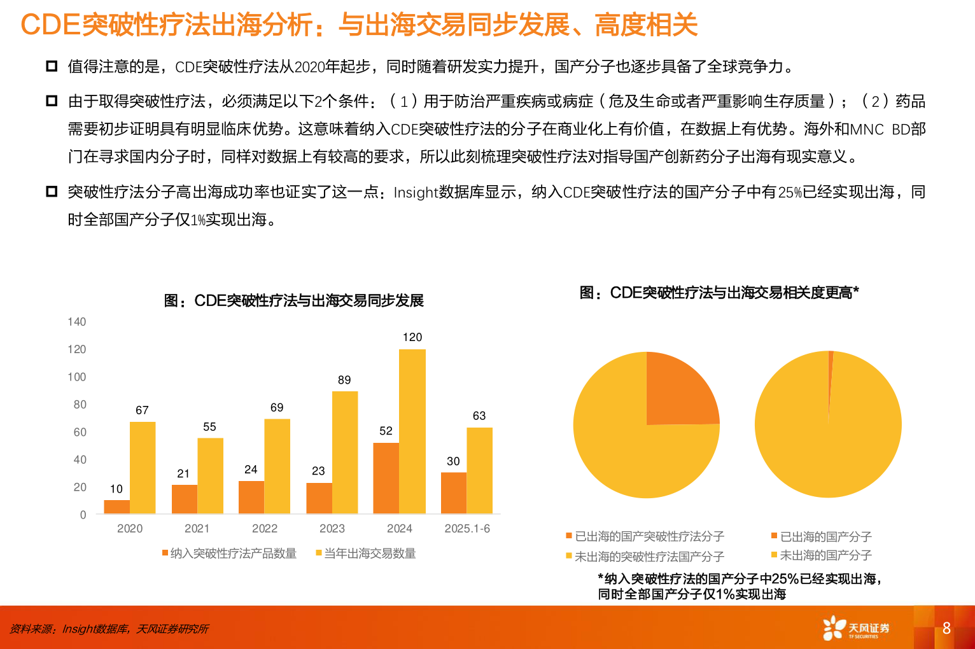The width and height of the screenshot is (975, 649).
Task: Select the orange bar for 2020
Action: [x=116, y=506]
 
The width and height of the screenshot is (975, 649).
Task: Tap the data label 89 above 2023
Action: [x=344, y=380]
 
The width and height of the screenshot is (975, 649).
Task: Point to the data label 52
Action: [x=386, y=431]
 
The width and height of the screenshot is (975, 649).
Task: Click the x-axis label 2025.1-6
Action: [x=467, y=529]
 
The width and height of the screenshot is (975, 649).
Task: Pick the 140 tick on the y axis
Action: [x=77, y=322]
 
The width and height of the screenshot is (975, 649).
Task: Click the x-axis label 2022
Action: [x=265, y=529]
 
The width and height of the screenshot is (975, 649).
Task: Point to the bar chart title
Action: [x=294, y=300]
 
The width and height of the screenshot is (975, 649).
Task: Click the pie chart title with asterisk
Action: [x=719, y=293]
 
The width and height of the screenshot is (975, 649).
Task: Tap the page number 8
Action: [x=946, y=628]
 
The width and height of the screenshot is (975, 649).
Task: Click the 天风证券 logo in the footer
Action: [x=856, y=628]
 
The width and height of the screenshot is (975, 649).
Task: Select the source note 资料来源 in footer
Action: [x=109, y=629]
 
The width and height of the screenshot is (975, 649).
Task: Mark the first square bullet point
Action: [x=52, y=66]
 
